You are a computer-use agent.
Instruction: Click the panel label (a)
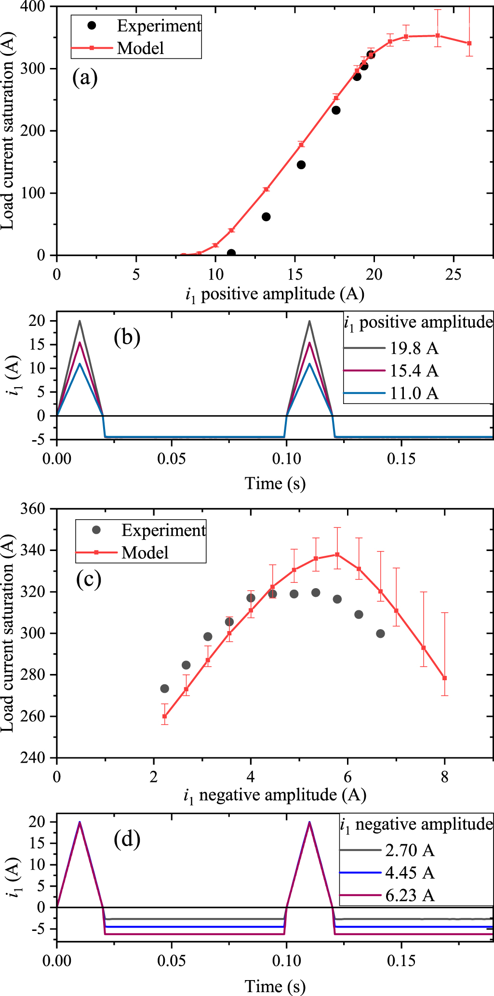[85, 77]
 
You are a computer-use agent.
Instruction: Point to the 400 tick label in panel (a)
[33, 7]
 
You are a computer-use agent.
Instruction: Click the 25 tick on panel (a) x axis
[453, 274]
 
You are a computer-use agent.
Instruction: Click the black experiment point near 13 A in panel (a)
[266, 217]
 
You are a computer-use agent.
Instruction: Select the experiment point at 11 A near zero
[231, 253]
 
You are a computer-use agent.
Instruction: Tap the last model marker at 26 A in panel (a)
[469, 43]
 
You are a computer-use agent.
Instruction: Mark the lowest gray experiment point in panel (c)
[164, 688]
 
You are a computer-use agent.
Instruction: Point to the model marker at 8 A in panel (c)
[445, 678]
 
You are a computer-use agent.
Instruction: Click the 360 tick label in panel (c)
[33, 509]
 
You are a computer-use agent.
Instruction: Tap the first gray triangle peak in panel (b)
[80, 322]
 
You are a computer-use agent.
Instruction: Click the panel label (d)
[127, 839]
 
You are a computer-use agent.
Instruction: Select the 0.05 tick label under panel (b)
[172, 458]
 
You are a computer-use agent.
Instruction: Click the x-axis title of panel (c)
[275, 795]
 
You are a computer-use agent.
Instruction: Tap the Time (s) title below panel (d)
[275, 986]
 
